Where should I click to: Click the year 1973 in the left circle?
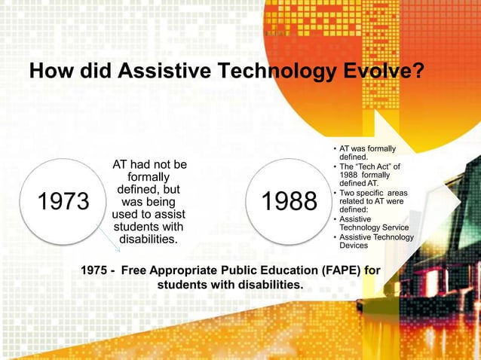[x=63, y=202]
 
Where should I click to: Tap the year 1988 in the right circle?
[x=289, y=202]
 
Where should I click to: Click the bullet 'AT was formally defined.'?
[x=367, y=153]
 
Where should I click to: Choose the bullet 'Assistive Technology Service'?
[x=373, y=223]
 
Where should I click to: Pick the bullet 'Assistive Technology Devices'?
[x=375, y=241]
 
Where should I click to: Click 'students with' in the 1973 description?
[x=148, y=227]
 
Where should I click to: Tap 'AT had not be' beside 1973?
[x=149, y=165]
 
